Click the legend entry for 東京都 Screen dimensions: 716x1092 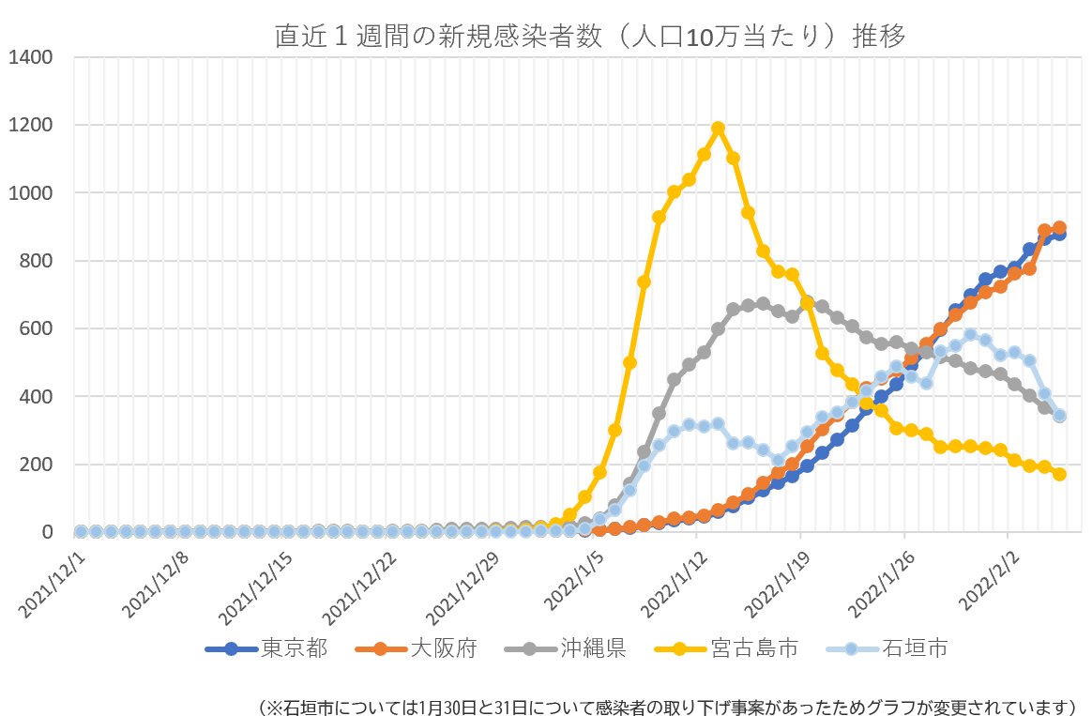268,648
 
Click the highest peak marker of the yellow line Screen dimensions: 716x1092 719,129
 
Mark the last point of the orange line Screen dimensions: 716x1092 1059,228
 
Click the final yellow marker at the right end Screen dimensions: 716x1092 1059,474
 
